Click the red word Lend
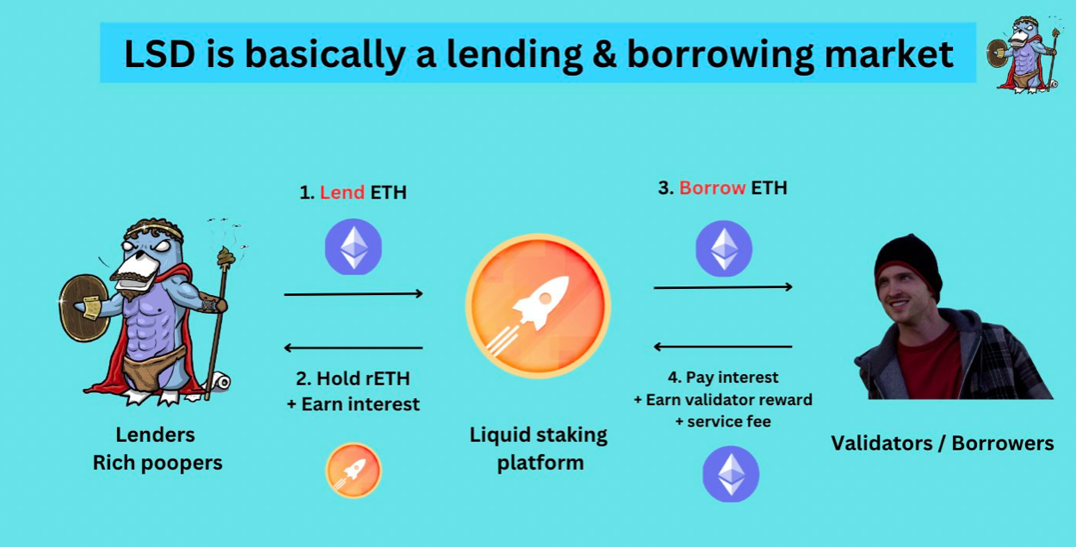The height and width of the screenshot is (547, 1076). [x=342, y=193]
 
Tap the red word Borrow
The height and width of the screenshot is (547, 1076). [x=712, y=187]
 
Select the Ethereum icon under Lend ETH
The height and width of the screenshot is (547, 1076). [x=354, y=247]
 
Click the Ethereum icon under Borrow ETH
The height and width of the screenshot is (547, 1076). [x=724, y=249]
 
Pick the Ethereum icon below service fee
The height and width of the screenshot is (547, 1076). [x=731, y=474]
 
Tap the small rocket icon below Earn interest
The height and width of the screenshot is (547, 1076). [x=354, y=470]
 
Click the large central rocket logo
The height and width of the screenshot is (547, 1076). [x=538, y=306]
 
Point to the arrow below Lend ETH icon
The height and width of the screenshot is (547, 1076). [x=354, y=293]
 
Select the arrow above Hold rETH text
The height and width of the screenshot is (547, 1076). [x=354, y=347]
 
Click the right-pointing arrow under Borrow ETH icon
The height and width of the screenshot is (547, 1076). [x=723, y=287]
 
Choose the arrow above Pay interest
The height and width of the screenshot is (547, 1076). [x=723, y=347]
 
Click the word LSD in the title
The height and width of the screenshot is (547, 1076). [x=159, y=53]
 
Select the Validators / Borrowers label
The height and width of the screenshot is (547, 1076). [x=943, y=443]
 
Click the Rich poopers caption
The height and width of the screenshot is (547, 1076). [x=158, y=463]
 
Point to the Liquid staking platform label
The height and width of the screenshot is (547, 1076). [x=539, y=449]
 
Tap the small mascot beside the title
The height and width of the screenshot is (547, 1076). [x=1023, y=53]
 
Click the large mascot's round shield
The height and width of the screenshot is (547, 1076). [x=84, y=307]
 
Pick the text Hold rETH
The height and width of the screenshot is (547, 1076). [x=353, y=378]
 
